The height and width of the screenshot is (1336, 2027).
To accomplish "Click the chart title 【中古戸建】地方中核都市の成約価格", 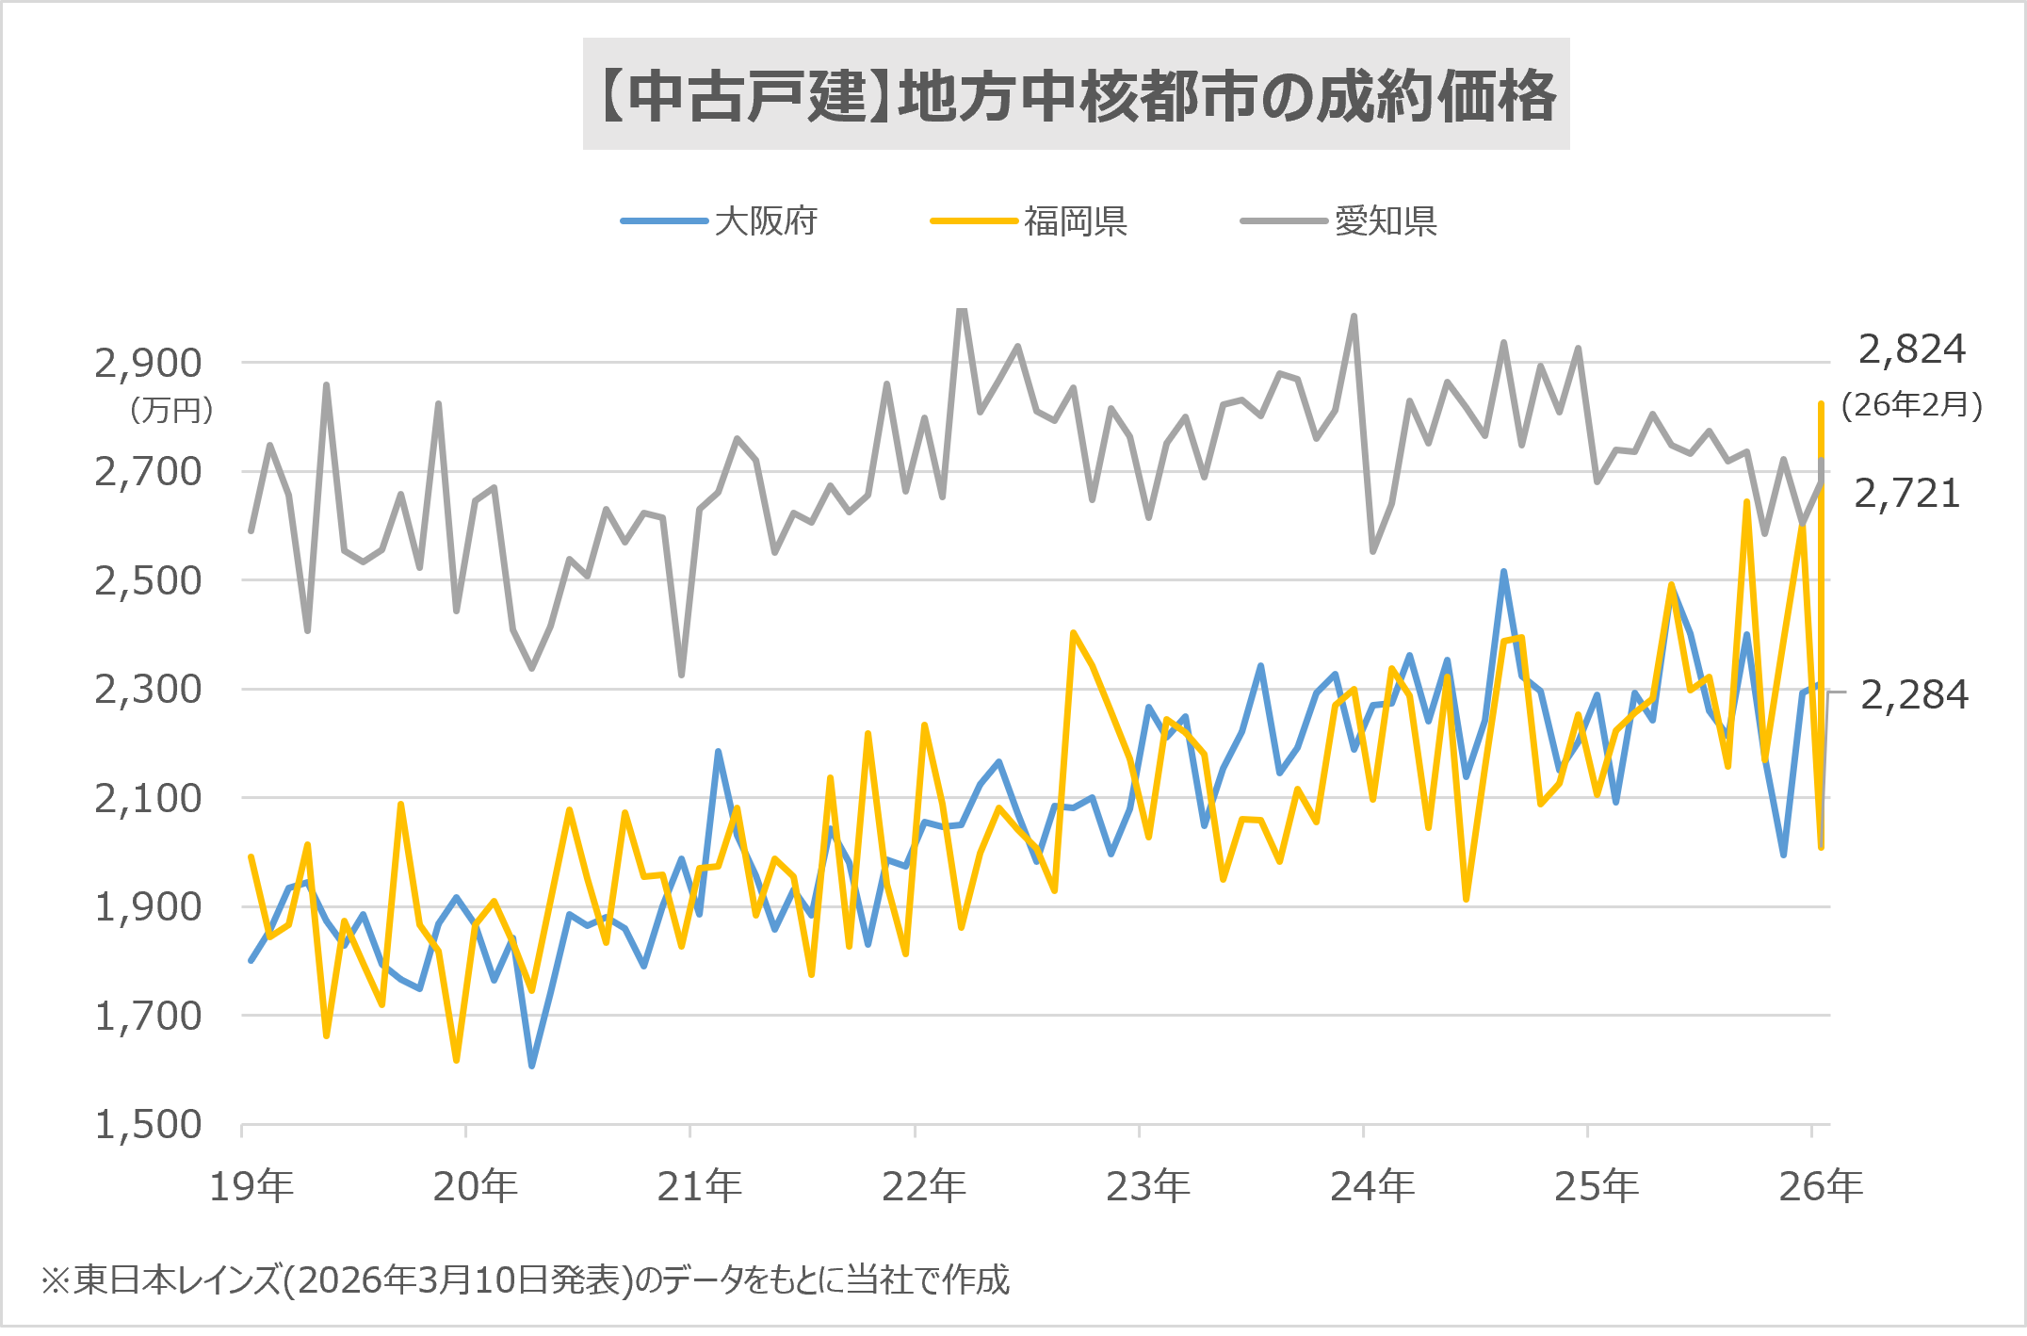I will [1076, 95].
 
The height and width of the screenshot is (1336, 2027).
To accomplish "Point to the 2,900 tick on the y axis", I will [148, 363].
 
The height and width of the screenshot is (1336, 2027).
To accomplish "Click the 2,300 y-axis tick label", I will [148, 689].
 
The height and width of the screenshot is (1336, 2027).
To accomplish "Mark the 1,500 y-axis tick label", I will [148, 1124].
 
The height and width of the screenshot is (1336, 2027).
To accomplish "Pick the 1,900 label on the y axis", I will [148, 906].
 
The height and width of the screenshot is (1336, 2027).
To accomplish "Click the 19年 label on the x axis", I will [251, 1185].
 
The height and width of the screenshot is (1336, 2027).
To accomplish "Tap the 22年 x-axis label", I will [923, 1185].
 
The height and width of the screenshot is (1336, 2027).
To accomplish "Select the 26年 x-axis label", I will [1820, 1185].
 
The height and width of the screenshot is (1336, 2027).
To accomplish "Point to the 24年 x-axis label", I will [1371, 1185].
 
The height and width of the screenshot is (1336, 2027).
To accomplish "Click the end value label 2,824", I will [1911, 350].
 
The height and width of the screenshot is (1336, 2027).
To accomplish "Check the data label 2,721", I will [1906, 494].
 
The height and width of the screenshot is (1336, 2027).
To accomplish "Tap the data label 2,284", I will [1914, 695].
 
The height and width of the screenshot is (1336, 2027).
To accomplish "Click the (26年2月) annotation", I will [1911, 405].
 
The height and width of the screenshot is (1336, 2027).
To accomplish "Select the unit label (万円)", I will [171, 410].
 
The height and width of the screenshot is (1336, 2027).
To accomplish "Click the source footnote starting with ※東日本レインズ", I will [525, 1279].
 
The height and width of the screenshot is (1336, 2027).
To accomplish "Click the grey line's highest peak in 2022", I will [962, 310].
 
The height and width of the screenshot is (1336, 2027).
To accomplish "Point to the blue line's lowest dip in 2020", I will [532, 1066].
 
